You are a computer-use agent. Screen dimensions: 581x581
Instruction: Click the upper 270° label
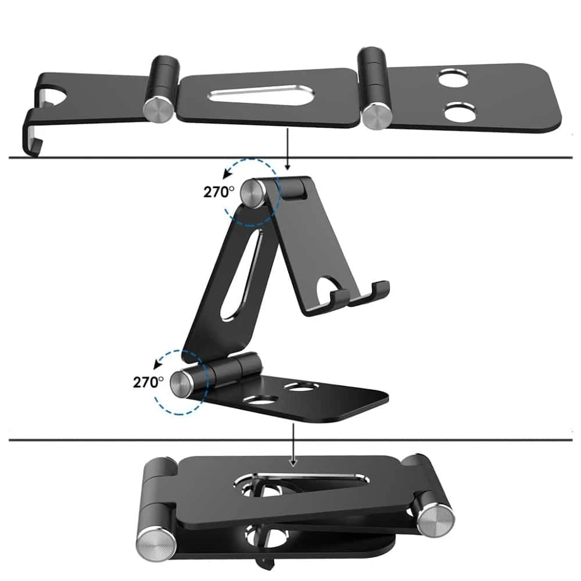[219, 192]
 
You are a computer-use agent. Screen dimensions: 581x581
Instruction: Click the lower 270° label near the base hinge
[148, 382]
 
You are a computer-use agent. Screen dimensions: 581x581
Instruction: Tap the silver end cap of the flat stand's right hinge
[376, 116]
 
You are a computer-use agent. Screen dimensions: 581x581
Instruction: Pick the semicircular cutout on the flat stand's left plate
[56, 96]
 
